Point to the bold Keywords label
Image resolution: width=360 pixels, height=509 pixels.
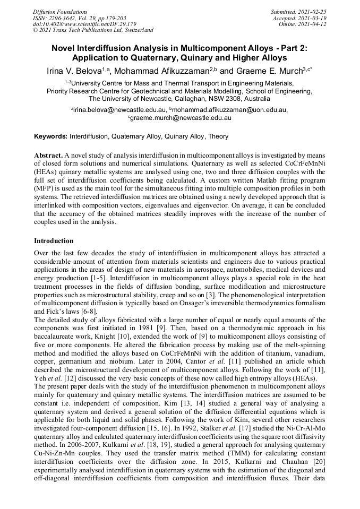50,136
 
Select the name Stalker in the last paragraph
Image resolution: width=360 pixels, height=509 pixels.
210,414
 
